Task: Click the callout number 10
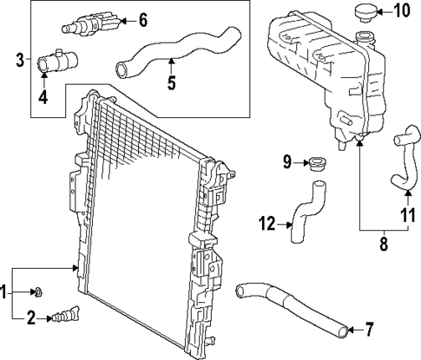pos(400,11)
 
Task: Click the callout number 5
pos(171,83)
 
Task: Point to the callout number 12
pos(267,225)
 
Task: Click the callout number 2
pos(30,317)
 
